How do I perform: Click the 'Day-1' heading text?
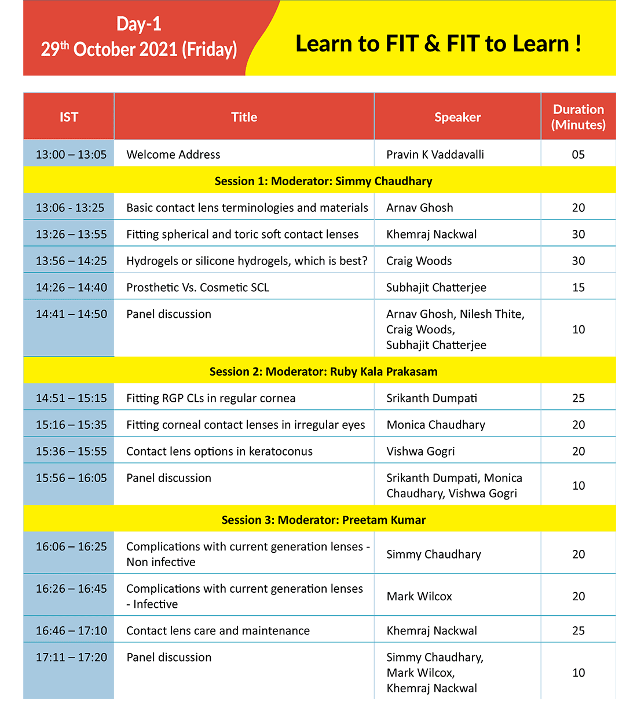(x=139, y=24)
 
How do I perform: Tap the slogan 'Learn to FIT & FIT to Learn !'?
(x=438, y=44)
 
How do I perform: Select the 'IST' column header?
(x=69, y=117)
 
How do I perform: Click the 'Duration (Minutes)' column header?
(x=578, y=117)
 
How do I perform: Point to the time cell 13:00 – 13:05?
(x=71, y=155)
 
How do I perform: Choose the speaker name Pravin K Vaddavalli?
(x=435, y=155)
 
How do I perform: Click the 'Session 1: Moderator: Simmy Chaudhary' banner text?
(x=323, y=181)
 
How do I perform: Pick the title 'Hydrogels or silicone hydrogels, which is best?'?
(x=247, y=261)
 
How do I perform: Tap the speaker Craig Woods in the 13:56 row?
(x=419, y=261)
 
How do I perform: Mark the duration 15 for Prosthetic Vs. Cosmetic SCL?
(x=579, y=288)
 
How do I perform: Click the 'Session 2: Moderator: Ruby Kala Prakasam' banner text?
(x=323, y=372)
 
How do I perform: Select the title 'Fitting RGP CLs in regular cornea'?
(x=211, y=398)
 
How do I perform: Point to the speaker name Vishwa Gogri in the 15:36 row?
(x=420, y=451)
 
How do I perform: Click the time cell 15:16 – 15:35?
(x=71, y=425)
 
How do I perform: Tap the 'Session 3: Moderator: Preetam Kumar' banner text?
(x=323, y=520)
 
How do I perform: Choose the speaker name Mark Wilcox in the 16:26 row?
(x=419, y=596)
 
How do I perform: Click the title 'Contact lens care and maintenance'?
(x=218, y=631)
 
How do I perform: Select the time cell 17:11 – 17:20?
(x=71, y=658)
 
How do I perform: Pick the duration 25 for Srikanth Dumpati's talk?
(x=579, y=398)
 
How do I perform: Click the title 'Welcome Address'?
(x=173, y=155)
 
